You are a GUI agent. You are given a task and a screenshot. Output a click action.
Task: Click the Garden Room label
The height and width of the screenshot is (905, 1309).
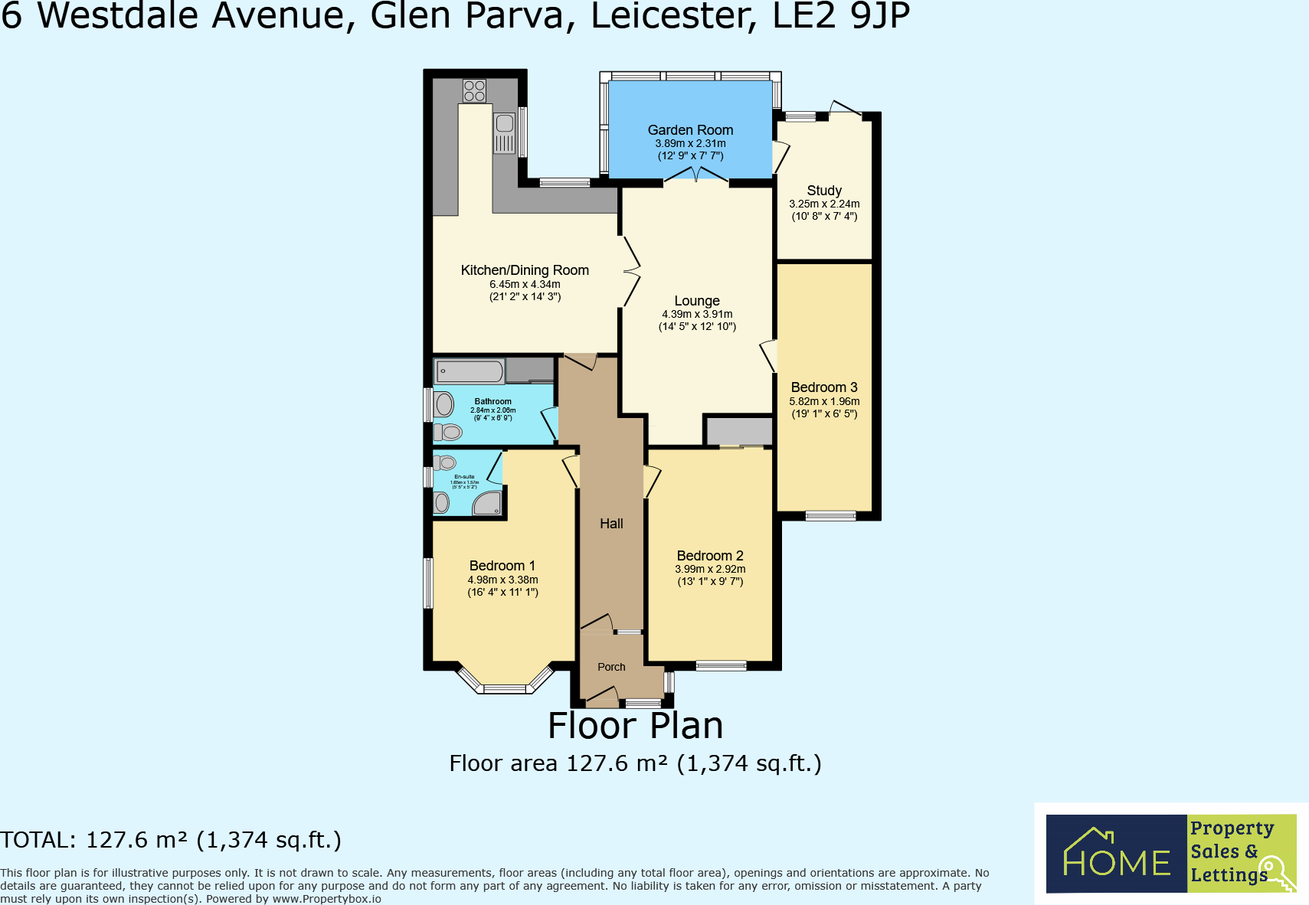(x=690, y=130)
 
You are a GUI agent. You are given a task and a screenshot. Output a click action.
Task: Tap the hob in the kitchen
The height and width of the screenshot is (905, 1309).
(x=474, y=91)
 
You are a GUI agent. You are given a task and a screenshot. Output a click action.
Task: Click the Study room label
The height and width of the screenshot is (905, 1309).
(x=824, y=191)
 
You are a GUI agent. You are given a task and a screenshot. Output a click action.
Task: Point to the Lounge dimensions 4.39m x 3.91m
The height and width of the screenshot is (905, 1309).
(x=697, y=314)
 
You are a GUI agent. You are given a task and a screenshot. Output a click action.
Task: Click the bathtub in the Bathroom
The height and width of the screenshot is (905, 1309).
(x=470, y=372)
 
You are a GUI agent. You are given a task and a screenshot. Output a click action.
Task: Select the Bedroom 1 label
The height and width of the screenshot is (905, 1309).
(x=502, y=566)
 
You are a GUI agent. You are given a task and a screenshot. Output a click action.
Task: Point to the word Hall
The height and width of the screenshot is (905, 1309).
(x=611, y=524)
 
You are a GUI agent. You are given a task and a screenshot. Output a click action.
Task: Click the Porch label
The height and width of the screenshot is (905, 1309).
(x=611, y=667)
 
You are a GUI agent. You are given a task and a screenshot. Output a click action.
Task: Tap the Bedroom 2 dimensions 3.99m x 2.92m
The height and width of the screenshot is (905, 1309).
(x=710, y=569)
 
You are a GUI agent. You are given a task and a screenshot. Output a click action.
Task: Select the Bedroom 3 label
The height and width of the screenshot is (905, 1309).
(x=824, y=387)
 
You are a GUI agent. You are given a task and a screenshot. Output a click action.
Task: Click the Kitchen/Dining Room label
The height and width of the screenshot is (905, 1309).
(x=525, y=270)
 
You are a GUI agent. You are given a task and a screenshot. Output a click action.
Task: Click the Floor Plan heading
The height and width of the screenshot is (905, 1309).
(x=635, y=726)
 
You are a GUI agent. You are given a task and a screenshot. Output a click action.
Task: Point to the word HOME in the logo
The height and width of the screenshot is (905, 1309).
(x=1117, y=863)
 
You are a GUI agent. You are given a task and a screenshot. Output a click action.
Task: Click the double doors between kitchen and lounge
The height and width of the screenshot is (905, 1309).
(x=630, y=271)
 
